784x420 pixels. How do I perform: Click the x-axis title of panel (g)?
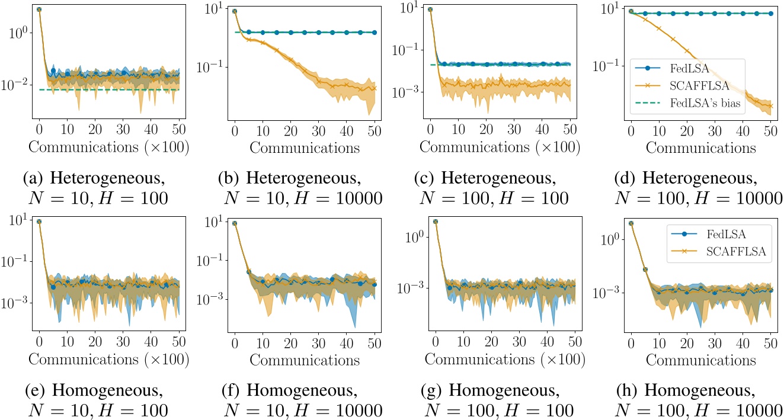tap(505, 360)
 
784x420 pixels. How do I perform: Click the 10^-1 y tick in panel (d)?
tap(606, 65)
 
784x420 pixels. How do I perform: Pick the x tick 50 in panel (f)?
tap(375, 342)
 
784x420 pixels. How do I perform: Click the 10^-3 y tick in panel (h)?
tap(604, 293)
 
